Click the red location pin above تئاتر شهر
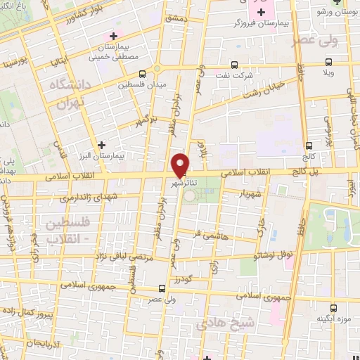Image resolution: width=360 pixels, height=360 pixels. point(181,164)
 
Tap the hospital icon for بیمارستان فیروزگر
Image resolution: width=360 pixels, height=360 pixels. point(262,12)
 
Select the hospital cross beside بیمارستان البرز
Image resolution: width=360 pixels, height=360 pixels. point(103,144)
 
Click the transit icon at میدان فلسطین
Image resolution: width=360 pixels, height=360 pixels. point(143,73)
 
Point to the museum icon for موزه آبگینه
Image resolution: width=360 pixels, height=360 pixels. point(335,308)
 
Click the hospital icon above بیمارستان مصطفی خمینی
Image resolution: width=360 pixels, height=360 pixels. point(111,35)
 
